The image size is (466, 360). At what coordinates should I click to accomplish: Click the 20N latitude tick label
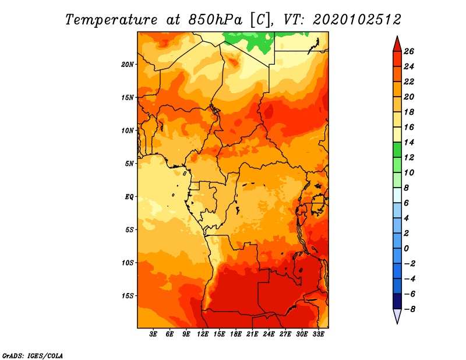coord(128,65)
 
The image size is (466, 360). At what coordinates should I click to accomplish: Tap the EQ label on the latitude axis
coord(129,197)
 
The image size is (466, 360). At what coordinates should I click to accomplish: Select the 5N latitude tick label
coord(129,164)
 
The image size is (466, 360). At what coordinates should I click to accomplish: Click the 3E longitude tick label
coord(153,334)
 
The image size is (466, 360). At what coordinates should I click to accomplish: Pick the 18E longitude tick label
coord(236,334)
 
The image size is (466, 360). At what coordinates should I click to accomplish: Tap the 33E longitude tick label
coord(318,334)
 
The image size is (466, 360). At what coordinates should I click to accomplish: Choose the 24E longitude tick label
coord(269,334)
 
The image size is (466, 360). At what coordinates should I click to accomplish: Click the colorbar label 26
coord(409,51)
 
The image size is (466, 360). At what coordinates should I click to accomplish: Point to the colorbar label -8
coord(409,309)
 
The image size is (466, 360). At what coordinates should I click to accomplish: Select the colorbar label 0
coord(406,248)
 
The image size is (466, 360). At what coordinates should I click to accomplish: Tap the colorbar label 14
coord(409,142)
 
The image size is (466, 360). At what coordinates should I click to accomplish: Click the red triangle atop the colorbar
coord(397,45)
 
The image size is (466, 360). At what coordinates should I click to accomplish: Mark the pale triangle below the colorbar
coord(397,316)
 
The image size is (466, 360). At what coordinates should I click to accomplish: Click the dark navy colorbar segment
coord(397,301)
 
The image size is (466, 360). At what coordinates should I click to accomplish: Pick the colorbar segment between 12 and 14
coord(397,150)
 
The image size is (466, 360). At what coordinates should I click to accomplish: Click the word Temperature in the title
coord(111,20)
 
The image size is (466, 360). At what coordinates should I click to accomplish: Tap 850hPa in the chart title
coord(215,20)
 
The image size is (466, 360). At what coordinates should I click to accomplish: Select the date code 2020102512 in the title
coord(357,20)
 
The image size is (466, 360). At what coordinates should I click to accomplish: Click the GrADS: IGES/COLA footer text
coord(33,355)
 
